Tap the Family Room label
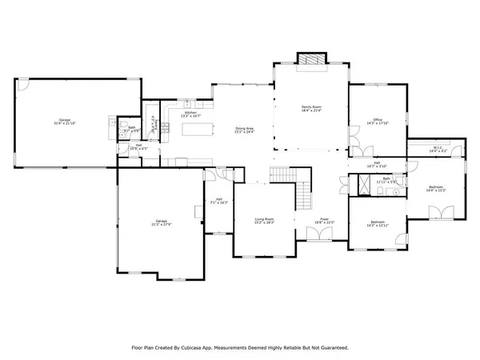[x=310, y=109]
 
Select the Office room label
[x=377, y=121]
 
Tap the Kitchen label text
[x=190, y=114]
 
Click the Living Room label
[x=264, y=218]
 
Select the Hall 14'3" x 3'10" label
[x=376, y=164]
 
